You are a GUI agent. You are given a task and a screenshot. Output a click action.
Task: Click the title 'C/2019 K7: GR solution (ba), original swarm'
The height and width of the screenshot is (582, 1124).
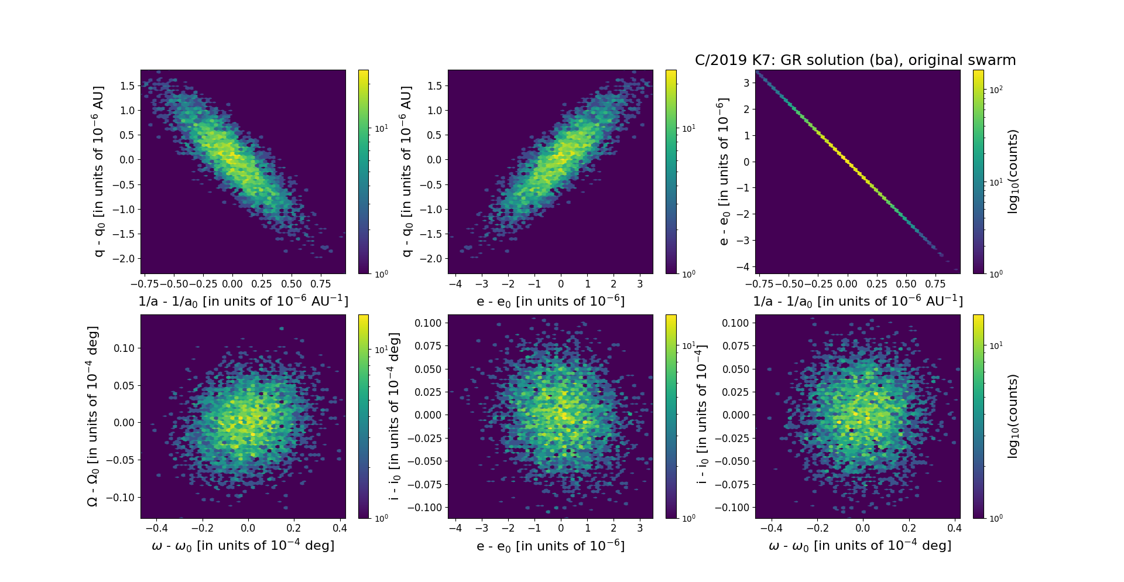(855, 60)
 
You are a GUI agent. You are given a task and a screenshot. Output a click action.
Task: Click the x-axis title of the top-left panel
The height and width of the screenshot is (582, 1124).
(243, 301)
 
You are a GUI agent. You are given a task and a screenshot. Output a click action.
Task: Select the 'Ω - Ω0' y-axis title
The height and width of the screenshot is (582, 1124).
(92, 416)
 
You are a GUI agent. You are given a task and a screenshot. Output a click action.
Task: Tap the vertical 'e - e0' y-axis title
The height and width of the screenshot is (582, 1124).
(724, 172)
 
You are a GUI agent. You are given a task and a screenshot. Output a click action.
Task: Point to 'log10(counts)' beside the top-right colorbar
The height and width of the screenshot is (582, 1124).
(1013, 172)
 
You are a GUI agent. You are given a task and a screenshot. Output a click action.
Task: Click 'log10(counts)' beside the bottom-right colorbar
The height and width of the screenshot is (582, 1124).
(1013, 416)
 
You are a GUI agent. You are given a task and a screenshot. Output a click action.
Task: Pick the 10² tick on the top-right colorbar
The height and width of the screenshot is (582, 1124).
(996, 90)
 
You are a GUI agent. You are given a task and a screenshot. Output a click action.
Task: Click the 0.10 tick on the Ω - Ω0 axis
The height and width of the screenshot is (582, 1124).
(123, 348)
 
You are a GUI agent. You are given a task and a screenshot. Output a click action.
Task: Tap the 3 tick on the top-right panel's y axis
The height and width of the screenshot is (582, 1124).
(746, 83)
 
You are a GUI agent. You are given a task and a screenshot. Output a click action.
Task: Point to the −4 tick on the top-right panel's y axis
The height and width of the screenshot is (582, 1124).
(743, 266)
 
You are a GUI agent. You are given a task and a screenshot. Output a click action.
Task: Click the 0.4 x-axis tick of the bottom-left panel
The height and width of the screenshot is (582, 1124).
(340, 528)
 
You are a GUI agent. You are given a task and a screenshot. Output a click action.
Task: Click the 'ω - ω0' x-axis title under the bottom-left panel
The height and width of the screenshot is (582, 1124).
(243, 546)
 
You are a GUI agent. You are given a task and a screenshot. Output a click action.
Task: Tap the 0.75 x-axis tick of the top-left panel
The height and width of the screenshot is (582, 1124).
(321, 284)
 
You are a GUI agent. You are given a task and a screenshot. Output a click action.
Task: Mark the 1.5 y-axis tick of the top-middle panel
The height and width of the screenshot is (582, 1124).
(434, 85)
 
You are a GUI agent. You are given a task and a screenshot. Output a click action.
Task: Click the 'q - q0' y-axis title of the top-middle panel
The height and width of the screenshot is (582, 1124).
(407, 172)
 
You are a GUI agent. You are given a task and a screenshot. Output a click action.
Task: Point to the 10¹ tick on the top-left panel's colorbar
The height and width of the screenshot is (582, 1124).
(381, 128)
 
